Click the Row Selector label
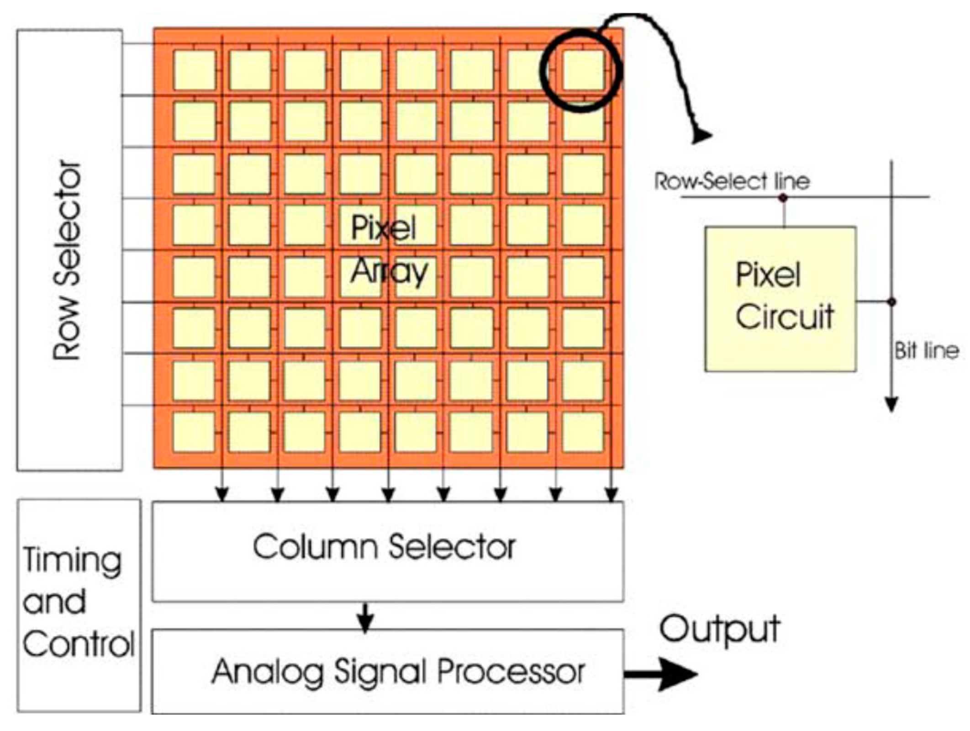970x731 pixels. pos(68,260)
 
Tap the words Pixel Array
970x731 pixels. pos(388,249)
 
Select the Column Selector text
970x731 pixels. pos(384,547)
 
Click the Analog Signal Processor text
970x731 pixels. pos(398,672)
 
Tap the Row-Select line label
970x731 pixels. pos(732,181)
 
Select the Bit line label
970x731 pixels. pos(926,351)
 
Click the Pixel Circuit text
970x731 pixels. pos(784,296)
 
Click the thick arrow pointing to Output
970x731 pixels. pos(662,674)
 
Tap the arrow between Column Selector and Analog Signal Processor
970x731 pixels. pos(364,618)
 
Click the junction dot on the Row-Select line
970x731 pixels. pos(783,197)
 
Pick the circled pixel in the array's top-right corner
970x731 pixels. pos(583,70)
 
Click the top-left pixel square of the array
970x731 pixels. pos(194,70)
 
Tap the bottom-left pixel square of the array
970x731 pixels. pos(194,432)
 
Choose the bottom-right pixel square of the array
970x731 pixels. pos(583,432)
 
